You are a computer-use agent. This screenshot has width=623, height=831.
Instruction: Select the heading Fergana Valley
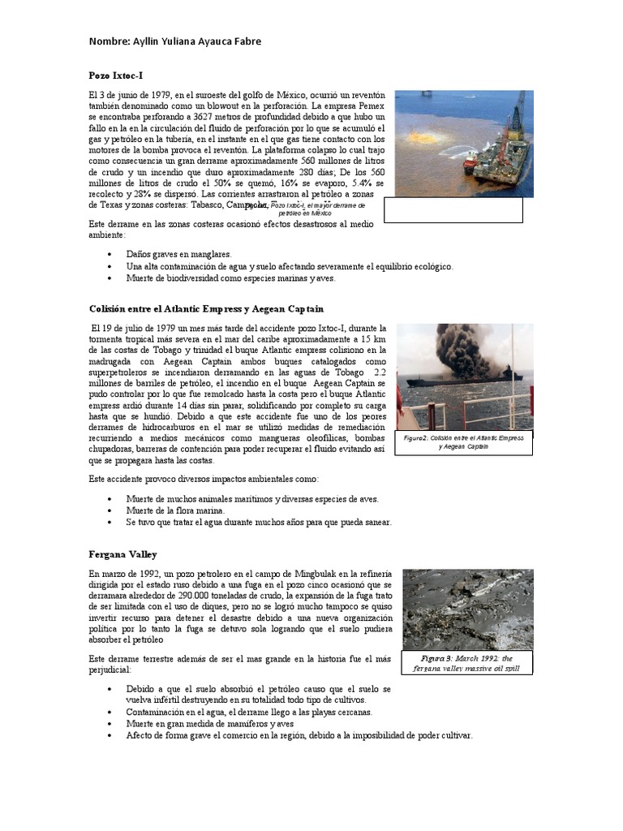pyautogui.click(x=122, y=554)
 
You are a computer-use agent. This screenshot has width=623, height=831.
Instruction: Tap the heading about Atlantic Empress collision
pyautogui.click(x=206, y=308)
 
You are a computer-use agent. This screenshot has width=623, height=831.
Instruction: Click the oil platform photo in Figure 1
pyautogui.click(x=463, y=144)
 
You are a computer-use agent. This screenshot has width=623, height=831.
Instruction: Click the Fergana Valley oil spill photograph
pyautogui.click(x=467, y=609)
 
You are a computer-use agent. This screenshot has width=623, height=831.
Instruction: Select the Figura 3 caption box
pyautogui.click(x=467, y=662)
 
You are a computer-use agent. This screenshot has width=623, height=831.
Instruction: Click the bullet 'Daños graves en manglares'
pyautogui.click(x=178, y=254)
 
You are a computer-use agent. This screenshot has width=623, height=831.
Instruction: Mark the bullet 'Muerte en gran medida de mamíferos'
pyautogui.click(x=209, y=724)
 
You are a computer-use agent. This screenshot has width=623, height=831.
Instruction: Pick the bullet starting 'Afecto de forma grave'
pyautogui.click(x=299, y=735)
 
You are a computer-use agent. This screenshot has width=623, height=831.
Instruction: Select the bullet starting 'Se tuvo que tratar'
pyautogui.click(x=259, y=523)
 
